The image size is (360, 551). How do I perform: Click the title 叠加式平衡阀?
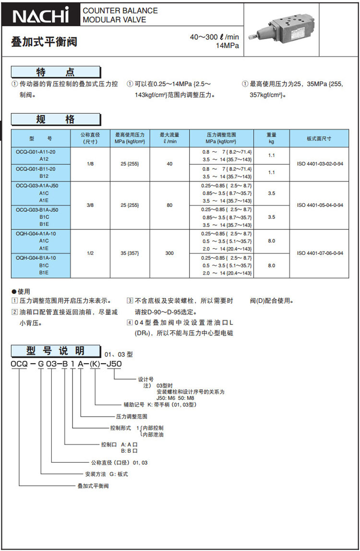tap(44, 42)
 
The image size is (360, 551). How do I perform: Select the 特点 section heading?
tap(56, 72)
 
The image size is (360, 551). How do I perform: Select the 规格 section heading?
tap(56, 120)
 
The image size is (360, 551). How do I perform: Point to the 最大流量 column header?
tap(169, 138)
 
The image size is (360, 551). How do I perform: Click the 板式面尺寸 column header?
tap(319, 138)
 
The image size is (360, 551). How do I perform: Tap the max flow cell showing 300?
tap(169, 253)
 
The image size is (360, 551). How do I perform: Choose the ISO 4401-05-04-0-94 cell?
tap(320, 205)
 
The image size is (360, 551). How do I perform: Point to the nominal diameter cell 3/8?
tap(90, 205)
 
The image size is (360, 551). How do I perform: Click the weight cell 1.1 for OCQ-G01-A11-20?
tap(271, 156)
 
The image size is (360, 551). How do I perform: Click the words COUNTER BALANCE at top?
tap(120, 11)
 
